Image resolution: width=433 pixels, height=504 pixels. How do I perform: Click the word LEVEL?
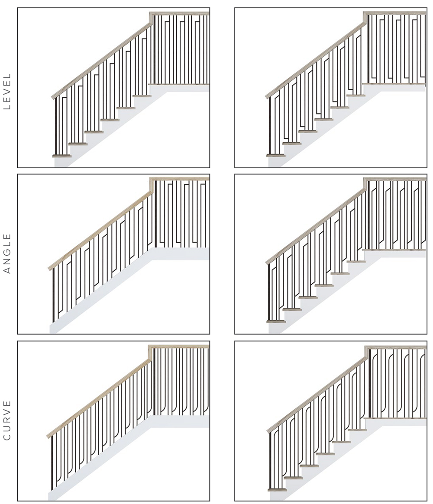[x=7, y=92]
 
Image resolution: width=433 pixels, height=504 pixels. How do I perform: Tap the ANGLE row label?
[x=7, y=254]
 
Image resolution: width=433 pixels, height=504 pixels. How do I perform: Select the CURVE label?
[x=7, y=420]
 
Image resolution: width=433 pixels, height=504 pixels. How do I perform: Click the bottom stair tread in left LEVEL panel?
[x=62, y=156]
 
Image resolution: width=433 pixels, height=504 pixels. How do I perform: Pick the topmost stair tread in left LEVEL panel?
[x=142, y=96]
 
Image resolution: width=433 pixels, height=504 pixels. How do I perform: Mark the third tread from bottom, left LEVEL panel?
[x=94, y=132]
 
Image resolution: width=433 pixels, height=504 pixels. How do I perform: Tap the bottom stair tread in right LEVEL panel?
[x=276, y=155]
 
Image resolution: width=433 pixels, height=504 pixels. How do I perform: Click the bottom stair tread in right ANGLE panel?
[x=276, y=321]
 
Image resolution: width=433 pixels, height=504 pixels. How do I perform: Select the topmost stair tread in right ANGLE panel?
[x=356, y=262]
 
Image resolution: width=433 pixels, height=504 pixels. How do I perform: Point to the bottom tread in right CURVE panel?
[x=277, y=490]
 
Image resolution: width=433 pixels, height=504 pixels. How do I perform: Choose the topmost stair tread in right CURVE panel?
[x=357, y=430]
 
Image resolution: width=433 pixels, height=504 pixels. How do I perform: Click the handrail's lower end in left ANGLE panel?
[x=50, y=268]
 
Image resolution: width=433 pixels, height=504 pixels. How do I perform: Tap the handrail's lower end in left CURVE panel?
[x=48, y=436]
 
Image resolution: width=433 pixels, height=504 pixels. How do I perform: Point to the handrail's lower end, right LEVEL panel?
[x=267, y=96]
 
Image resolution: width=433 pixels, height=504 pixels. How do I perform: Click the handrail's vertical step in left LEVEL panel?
[x=151, y=18]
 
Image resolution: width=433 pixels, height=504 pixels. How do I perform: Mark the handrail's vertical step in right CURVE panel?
[x=366, y=352]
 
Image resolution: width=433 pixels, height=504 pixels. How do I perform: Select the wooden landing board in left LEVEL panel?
[x=179, y=84]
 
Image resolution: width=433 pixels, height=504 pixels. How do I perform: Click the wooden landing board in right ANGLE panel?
[x=394, y=250]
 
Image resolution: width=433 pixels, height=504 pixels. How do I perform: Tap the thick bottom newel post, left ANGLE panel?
[x=53, y=295]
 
